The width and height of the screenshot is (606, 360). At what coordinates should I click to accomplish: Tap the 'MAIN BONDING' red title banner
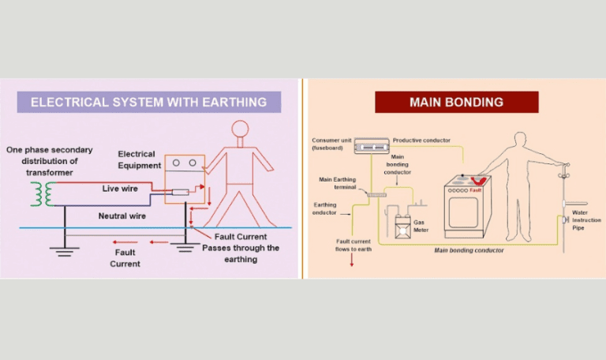pos(456,102)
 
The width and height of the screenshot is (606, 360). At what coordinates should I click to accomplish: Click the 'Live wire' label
pos(121,189)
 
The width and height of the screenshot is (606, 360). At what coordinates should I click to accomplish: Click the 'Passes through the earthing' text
pos(241,253)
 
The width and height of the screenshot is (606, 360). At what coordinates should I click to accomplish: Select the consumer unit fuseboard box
pos(370,144)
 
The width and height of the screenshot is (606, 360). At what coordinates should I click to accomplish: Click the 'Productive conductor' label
pos(421,140)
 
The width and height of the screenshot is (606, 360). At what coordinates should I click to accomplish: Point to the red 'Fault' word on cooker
pos(475,190)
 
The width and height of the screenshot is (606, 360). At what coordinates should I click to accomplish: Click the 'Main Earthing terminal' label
pos(337,183)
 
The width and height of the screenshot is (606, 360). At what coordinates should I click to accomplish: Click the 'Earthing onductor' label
pos(325,208)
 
